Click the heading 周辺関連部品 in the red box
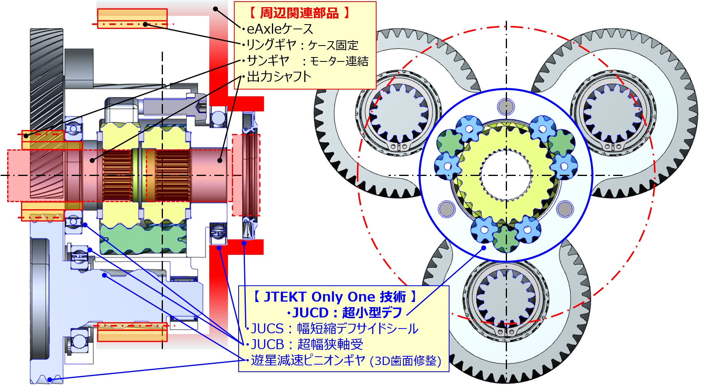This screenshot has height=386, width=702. point(299,13)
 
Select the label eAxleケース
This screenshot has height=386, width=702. point(280,29)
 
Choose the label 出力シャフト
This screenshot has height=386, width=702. point(279,76)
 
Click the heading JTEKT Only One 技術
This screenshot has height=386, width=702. point(335,296)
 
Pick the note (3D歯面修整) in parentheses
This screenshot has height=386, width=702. point(405,361)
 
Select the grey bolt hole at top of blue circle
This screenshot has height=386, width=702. point(506,106)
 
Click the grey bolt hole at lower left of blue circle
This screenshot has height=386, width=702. point(447,209)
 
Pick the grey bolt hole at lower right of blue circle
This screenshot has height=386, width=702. point(565,209)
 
